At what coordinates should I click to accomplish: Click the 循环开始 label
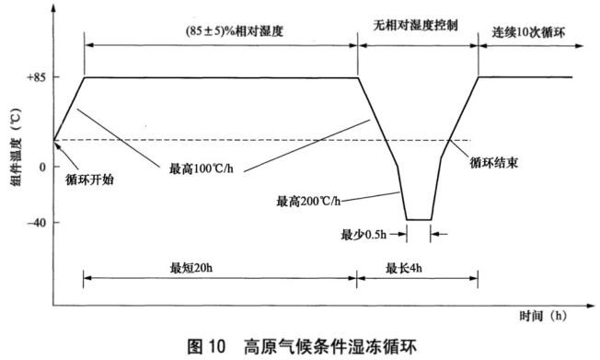[92, 180]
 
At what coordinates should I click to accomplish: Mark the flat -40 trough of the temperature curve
[418, 220]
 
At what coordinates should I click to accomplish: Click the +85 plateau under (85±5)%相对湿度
[221, 77]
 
